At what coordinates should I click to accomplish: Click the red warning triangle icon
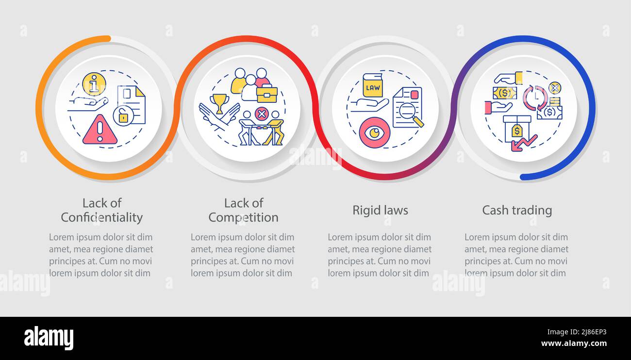click(x=100, y=130)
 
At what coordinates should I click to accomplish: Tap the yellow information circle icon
click(x=94, y=83)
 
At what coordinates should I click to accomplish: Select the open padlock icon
click(x=123, y=116)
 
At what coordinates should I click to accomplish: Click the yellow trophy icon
click(x=219, y=102)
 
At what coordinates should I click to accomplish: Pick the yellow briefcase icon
click(x=266, y=94)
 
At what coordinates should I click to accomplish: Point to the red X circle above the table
click(x=262, y=115)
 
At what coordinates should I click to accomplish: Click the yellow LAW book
click(x=373, y=86)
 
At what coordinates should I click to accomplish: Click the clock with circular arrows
click(x=535, y=97)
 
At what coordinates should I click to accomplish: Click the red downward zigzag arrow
click(x=524, y=144)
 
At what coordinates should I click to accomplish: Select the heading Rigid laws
click(x=380, y=210)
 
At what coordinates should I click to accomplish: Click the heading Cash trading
click(x=517, y=210)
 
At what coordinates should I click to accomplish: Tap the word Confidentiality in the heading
click(x=101, y=217)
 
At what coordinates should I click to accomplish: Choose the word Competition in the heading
click(x=243, y=217)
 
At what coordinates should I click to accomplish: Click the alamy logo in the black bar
click(x=49, y=338)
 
